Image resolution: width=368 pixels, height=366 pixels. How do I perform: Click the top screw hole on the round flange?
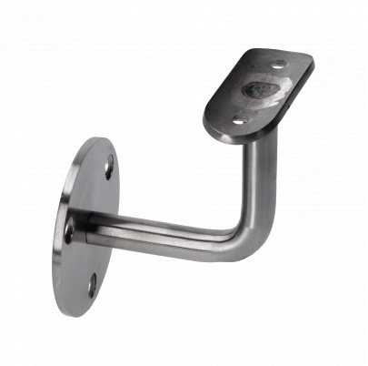click(x=110, y=167)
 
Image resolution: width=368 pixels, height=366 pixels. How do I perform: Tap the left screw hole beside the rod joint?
click(x=69, y=227)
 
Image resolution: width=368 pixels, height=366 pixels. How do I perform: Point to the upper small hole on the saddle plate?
click(x=279, y=65)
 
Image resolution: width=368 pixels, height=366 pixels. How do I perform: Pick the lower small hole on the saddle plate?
click(x=237, y=119)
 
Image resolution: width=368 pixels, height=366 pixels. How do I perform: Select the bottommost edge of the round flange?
click(x=82, y=315)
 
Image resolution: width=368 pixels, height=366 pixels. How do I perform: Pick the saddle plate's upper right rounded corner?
click(x=307, y=58)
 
